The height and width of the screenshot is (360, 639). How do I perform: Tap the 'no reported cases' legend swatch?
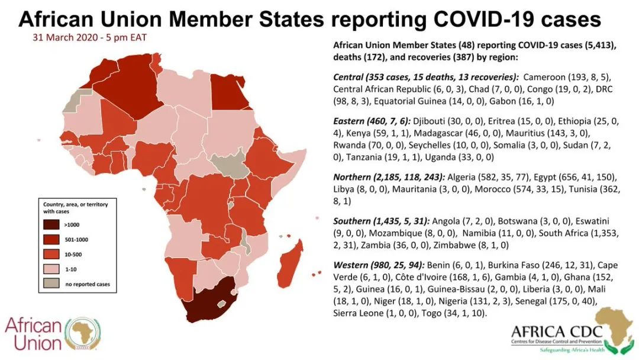(51, 284)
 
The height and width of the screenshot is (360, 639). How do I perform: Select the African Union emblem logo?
(83, 333)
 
